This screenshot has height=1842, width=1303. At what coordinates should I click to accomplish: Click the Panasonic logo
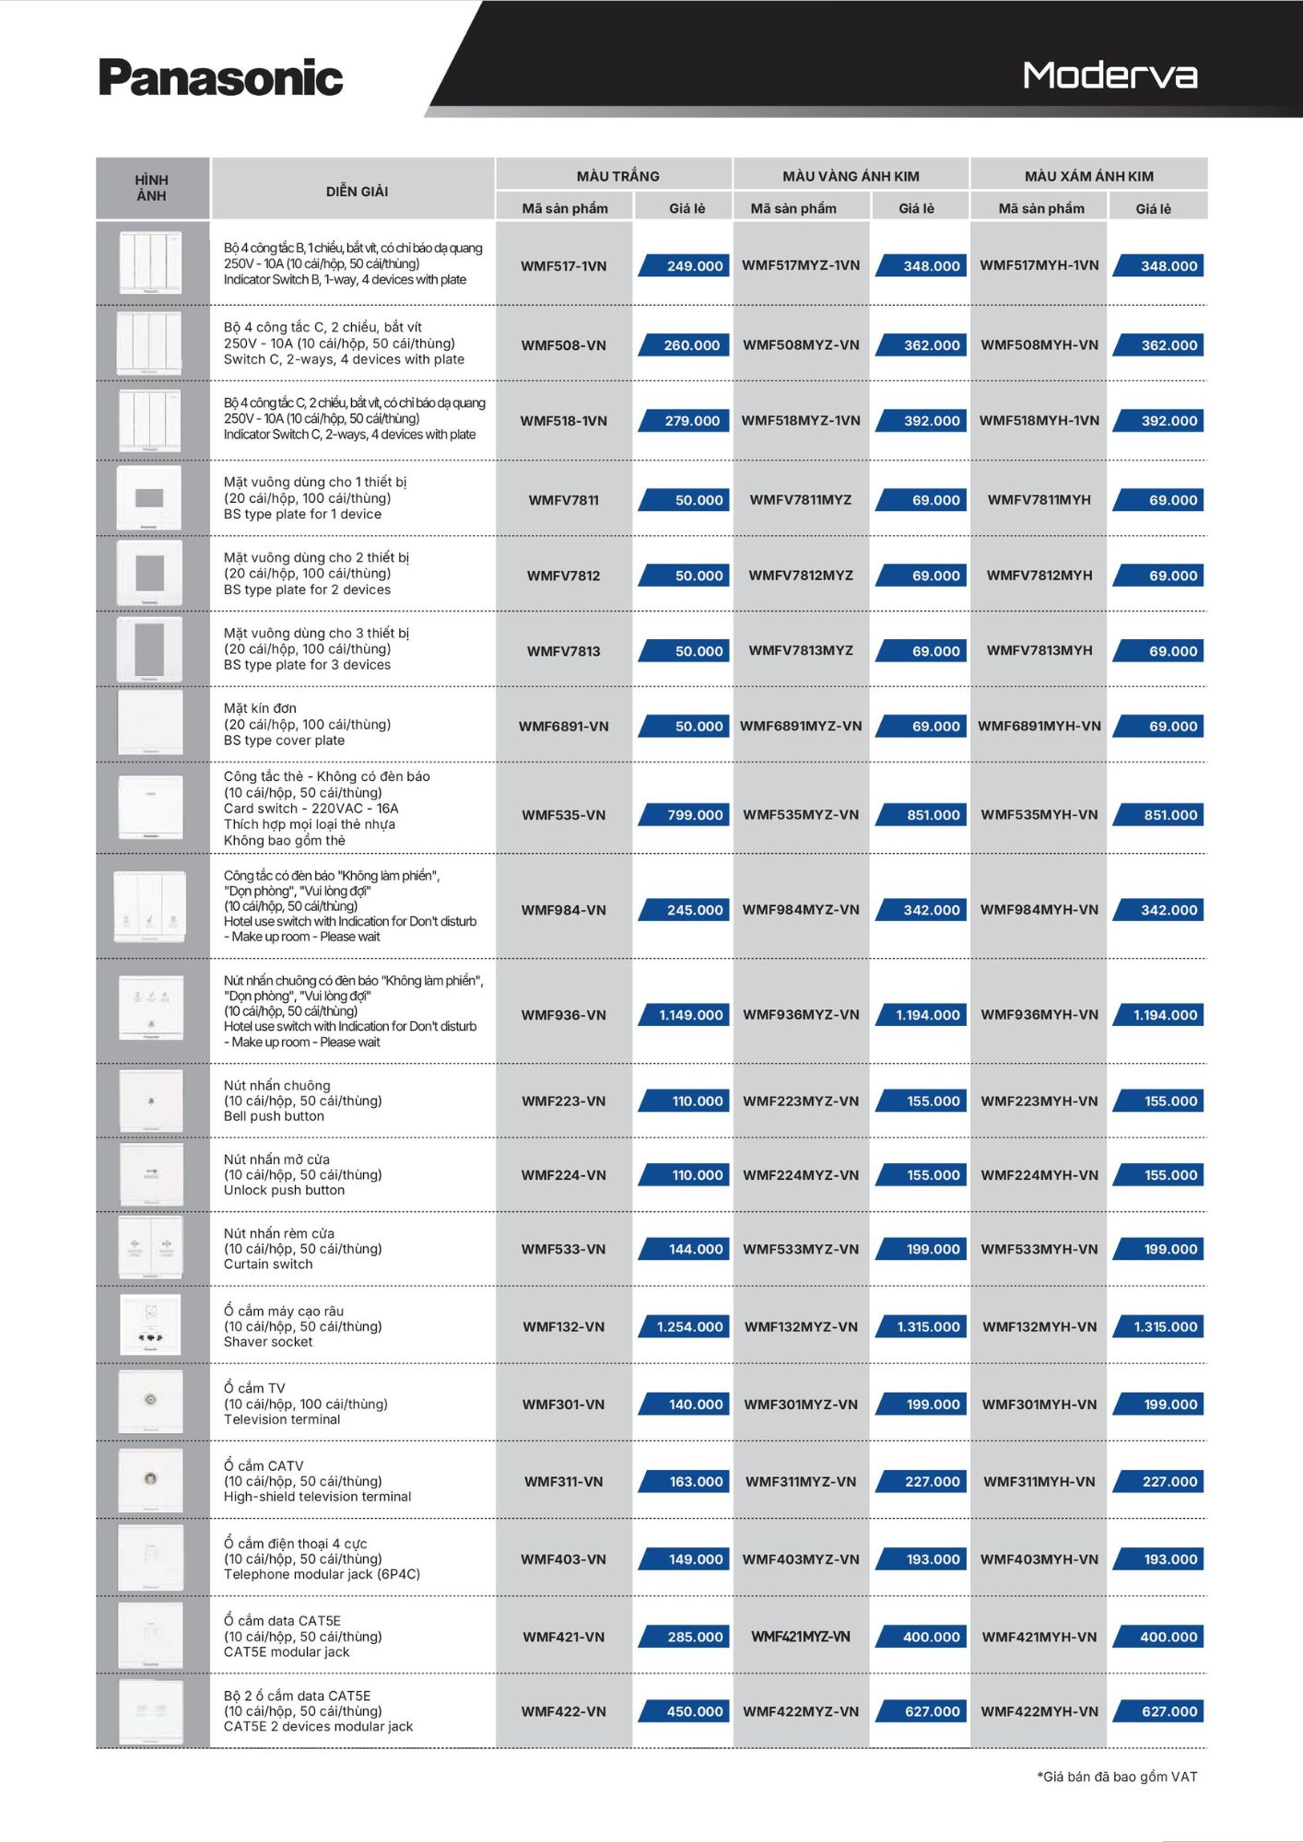(220, 78)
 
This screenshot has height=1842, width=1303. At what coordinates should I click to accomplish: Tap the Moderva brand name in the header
(1109, 76)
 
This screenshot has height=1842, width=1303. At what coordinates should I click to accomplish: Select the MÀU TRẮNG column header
(617, 176)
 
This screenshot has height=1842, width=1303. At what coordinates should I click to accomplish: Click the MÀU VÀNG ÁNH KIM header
(851, 176)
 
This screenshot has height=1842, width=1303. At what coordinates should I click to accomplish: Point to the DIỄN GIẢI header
(357, 192)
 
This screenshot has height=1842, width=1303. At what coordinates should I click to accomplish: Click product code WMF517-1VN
(563, 266)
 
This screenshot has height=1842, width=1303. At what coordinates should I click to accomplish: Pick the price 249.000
(694, 266)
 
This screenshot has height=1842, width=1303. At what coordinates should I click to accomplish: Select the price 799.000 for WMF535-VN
(694, 815)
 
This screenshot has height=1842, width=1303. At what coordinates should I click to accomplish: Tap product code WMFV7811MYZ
(800, 500)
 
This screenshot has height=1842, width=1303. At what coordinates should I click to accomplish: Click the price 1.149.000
(690, 1015)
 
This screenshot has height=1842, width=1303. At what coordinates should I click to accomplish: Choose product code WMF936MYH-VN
(1039, 1015)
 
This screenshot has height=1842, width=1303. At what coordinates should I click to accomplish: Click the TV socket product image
(150, 1401)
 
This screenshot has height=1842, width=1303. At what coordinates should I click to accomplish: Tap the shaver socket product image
(150, 1324)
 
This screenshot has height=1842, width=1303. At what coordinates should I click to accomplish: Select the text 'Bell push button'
(274, 1116)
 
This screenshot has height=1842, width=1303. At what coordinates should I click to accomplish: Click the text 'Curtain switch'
(268, 1265)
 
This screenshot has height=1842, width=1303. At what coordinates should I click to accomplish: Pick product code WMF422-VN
(563, 1711)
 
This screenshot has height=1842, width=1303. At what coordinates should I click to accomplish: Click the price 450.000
(694, 1711)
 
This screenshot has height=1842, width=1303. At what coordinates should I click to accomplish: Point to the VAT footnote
(1117, 1777)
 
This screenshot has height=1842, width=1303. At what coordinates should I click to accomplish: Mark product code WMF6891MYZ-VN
(800, 726)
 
